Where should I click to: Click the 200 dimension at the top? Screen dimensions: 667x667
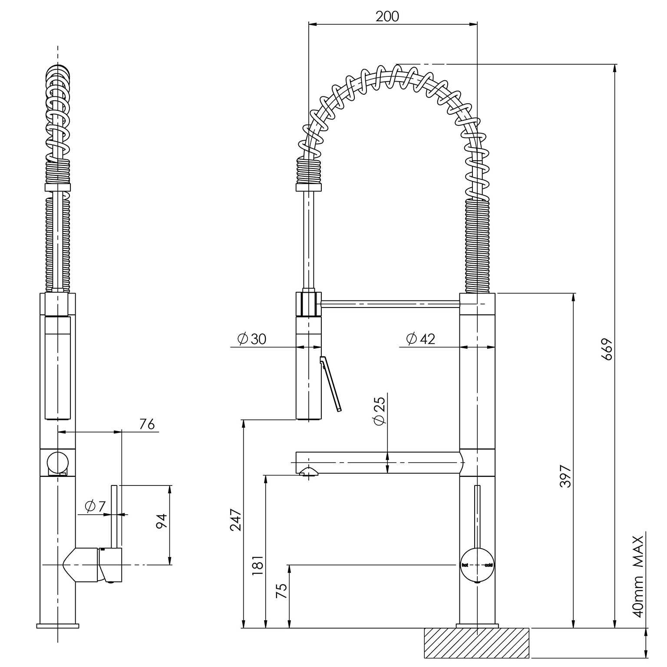click(x=387, y=17)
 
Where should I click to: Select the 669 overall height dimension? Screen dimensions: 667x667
click(x=607, y=349)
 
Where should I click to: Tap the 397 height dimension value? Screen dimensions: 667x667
click(x=565, y=476)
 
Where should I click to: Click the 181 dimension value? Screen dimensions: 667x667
click(x=257, y=565)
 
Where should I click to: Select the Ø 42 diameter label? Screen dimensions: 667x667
click(x=420, y=339)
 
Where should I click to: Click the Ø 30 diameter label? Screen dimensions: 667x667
click(x=252, y=339)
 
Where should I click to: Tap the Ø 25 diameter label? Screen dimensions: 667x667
click(x=379, y=411)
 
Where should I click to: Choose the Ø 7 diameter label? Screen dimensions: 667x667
click(x=96, y=506)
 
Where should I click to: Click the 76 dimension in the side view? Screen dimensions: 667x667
click(x=147, y=424)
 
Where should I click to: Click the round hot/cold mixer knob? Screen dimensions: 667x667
click(x=477, y=565)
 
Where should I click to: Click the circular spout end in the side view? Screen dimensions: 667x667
click(x=57, y=462)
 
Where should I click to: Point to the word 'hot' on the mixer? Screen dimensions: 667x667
click(x=465, y=565)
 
